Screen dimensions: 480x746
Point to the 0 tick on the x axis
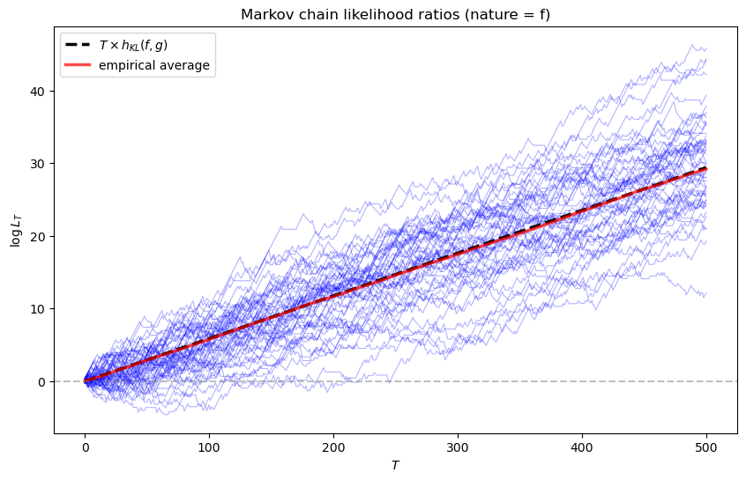point(85,447)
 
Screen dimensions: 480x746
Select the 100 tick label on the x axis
point(209,447)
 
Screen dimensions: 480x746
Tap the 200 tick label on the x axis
point(333,447)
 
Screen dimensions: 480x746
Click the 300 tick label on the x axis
point(458,447)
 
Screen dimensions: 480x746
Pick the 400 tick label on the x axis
point(582,447)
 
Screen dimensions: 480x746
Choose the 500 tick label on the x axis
point(706,447)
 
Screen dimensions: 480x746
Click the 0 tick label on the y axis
point(42,381)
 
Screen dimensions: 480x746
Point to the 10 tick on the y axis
point(39,309)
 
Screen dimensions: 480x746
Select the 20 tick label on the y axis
point(39,236)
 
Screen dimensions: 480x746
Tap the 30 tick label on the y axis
point(39,164)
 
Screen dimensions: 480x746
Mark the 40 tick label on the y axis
point(39,92)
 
